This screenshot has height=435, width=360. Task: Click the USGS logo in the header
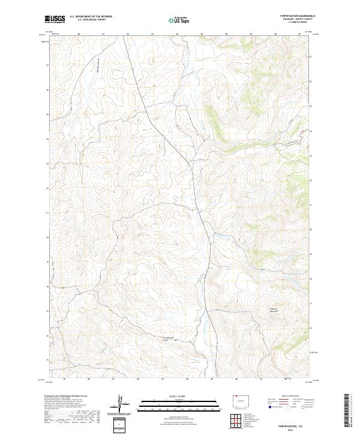(55, 19)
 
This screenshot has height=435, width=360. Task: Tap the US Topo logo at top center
(178, 20)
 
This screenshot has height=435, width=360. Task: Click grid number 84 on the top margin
(176, 34)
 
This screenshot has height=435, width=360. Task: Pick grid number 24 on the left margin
(47, 139)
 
